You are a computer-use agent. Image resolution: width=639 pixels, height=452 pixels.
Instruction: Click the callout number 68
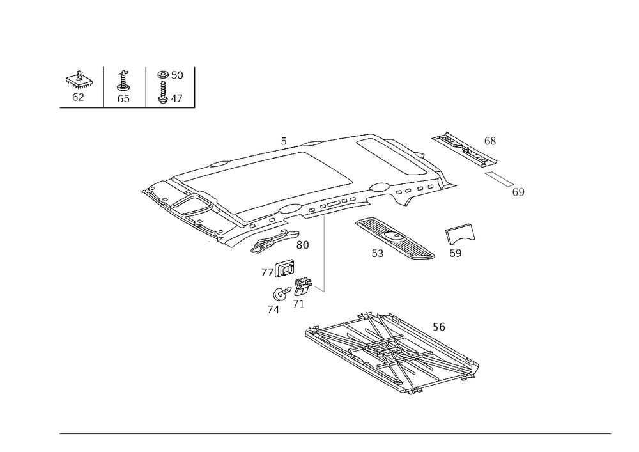[x=490, y=141]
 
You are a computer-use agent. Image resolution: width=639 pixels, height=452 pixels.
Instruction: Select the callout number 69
[x=518, y=191]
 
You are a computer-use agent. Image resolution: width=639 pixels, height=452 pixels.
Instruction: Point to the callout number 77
[x=268, y=273]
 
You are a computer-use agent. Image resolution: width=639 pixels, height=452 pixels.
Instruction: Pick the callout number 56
[x=439, y=327]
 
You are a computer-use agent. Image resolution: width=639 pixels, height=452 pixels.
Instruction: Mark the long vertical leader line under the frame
[x=323, y=253]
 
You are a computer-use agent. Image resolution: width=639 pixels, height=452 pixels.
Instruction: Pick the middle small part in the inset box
[x=124, y=86]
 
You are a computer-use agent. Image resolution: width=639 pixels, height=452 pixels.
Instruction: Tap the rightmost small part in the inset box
[x=169, y=86]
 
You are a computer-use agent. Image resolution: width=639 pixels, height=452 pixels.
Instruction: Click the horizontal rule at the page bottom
[x=335, y=433]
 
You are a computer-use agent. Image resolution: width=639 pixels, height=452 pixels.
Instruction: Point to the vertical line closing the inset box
[x=194, y=86]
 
